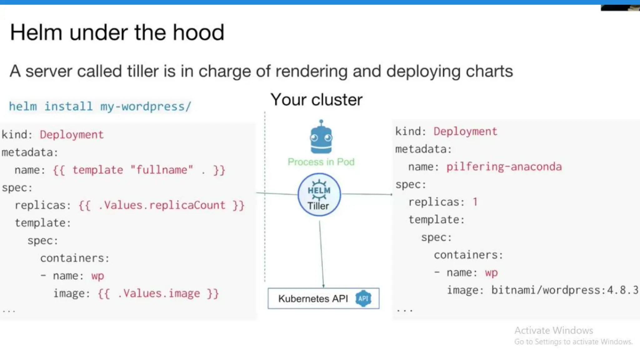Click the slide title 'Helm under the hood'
tap(117, 32)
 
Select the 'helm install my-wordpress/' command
tap(100, 107)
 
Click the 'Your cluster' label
tap(316, 100)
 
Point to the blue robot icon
tap(321, 137)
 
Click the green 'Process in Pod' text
tap(321, 162)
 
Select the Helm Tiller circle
tap(319, 195)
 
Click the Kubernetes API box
tap(323, 298)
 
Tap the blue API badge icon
tap(363, 298)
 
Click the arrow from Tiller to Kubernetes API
tap(321, 253)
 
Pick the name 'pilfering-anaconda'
tap(504, 167)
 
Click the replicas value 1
tap(475, 202)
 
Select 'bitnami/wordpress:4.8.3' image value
tap(564, 290)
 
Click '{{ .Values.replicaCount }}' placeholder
tap(161, 205)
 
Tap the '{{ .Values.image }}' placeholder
tap(158, 293)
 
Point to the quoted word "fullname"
tap(162, 170)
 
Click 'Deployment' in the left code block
tap(72, 135)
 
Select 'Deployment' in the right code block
tap(465, 132)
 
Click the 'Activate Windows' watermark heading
tap(553, 330)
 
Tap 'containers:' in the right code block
tap(468, 255)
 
